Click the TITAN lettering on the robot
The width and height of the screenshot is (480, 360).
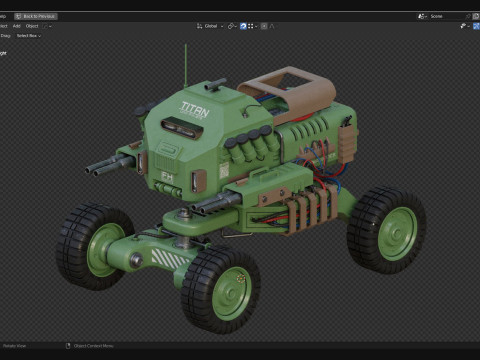(196, 108)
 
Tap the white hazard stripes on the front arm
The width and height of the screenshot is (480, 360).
(162, 258)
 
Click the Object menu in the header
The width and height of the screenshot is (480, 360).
(32, 26)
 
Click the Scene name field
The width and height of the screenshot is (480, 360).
(440, 16)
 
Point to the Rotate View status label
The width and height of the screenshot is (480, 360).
(16, 346)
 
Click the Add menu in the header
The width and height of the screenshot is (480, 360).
(16, 26)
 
